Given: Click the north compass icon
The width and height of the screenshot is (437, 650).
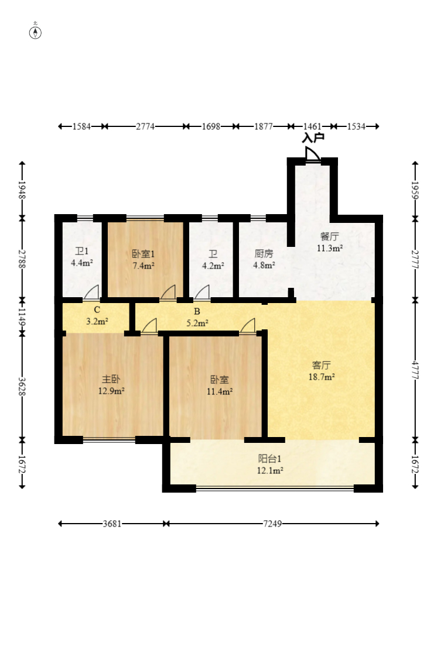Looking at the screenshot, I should [x=36, y=32].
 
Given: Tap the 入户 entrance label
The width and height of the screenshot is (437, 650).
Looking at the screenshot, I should [x=313, y=138].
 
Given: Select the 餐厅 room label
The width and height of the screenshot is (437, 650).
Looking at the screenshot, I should [x=329, y=237].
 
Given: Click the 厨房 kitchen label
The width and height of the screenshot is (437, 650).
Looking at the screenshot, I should [x=264, y=254].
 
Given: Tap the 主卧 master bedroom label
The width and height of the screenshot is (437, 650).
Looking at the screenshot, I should [x=111, y=379].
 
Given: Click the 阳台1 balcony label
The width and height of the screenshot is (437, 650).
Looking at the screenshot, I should [x=271, y=459].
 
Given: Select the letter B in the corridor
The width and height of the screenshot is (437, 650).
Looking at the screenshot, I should [x=197, y=311].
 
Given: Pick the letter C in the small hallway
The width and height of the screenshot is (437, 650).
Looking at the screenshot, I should [x=97, y=309].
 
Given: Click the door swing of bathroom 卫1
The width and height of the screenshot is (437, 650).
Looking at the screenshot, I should [x=91, y=291].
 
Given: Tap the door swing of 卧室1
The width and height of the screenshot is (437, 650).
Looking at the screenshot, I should [x=169, y=291].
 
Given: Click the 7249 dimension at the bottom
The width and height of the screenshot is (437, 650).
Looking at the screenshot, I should [x=272, y=524].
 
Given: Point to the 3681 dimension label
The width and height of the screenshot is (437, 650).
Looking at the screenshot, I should [x=112, y=524].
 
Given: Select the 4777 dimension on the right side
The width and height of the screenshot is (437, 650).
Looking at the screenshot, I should [x=415, y=369].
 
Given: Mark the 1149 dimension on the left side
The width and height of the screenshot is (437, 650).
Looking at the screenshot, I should [x=22, y=316].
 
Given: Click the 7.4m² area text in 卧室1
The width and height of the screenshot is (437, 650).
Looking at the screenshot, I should [x=143, y=266].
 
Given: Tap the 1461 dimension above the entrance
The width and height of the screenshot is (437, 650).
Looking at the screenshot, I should [x=311, y=126].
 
